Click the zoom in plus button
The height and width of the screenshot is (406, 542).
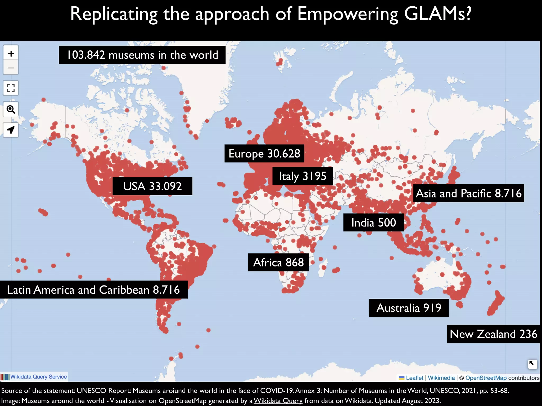(11, 54)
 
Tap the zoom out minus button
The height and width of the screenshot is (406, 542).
(11, 68)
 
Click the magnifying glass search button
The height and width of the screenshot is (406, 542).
(11, 109)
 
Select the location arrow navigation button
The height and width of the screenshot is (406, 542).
(11, 130)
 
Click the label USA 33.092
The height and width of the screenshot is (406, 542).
(152, 186)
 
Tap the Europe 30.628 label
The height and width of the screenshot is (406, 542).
(264, 154)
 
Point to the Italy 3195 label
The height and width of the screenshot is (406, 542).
(302, 176)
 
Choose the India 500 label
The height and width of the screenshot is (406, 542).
(373, 223)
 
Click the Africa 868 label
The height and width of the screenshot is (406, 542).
(278, 262)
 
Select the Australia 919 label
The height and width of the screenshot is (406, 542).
(409, 308)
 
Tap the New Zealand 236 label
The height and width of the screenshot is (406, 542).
(493, 334)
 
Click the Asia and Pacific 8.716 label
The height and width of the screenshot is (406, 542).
(468, 193)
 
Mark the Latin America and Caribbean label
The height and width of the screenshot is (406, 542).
(94, 290)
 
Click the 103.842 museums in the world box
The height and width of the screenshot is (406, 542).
(142, 55)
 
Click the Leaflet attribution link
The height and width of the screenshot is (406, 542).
(414, 378)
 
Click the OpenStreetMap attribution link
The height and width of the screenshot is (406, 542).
(486, 378)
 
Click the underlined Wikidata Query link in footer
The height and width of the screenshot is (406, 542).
(278, 401)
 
